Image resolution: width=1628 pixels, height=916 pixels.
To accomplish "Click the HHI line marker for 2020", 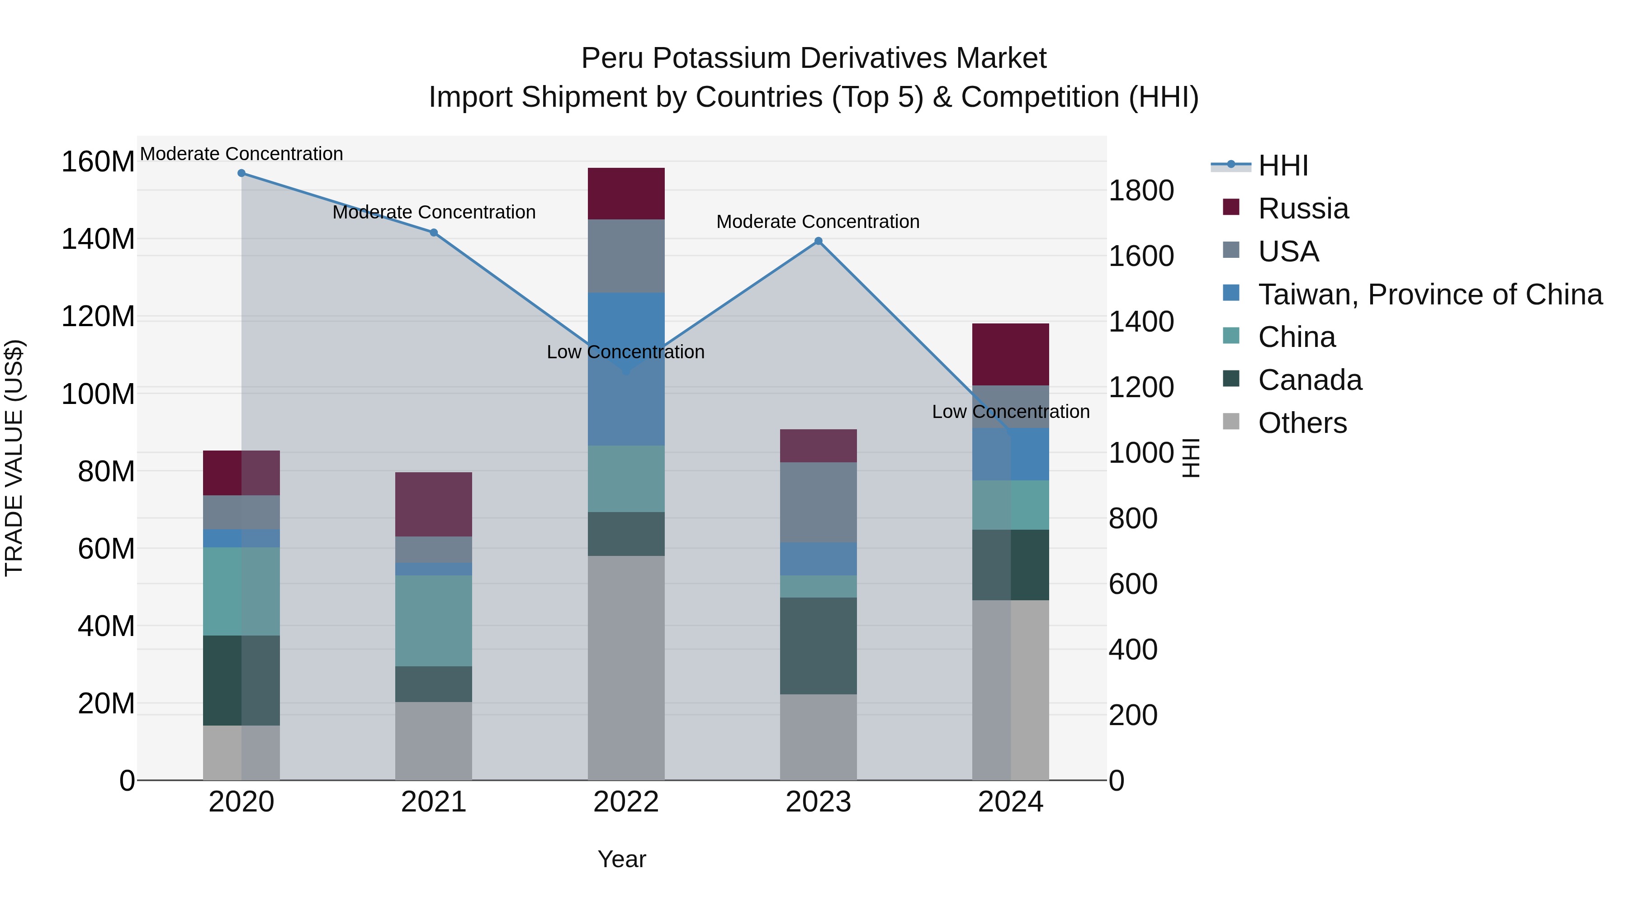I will coord(241,173).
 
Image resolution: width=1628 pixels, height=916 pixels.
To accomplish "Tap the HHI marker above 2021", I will coord(434,233).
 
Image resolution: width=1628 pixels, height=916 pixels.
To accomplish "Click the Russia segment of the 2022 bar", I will coord(626,194).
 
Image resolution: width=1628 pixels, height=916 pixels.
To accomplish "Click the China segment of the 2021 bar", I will coord(434,620).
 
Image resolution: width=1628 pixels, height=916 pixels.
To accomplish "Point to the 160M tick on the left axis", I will coord(98,162).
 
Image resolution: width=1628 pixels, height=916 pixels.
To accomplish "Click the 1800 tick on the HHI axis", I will coord(1141,191).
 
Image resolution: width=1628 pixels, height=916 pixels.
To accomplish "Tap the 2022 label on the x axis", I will coord(626,802).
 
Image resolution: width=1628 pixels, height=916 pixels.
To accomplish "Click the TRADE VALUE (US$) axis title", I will coord(14,458).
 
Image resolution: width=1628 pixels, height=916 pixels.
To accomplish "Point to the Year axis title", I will coord(622,859).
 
